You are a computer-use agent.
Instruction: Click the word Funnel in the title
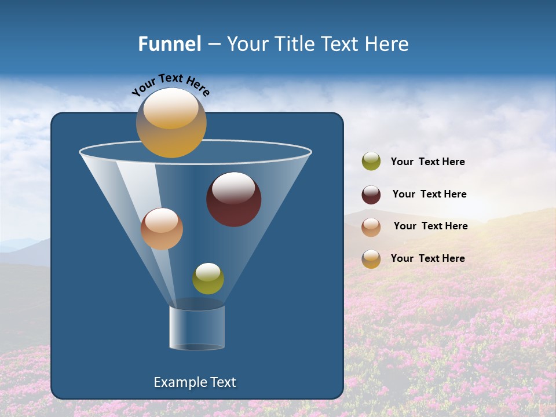click(169, 44)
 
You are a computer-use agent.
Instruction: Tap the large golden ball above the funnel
click(171, 123)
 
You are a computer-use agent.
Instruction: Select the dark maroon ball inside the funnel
click(233, 200)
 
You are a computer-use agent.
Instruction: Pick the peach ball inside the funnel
click(162, 229)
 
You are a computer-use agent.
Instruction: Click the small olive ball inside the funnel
click(208, 279)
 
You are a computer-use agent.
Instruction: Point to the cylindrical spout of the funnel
click(197, 327)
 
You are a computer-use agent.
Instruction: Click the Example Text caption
click(195, 382)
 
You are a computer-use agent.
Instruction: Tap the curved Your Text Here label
click(170, 85)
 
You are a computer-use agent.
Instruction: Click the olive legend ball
click(371, 162)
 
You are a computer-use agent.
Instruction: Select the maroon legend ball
click(371, 195)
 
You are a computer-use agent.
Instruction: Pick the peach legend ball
click(371, 227)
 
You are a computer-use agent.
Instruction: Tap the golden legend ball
click(371, 259)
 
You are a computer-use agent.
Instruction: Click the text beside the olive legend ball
click(427, 162)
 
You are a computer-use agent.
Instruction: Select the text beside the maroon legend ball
click(429, 194)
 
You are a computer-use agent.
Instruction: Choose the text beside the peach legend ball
click(430, 226)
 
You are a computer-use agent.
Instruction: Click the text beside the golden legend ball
click(427, 258)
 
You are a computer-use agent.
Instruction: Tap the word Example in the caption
click(178, 382)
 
